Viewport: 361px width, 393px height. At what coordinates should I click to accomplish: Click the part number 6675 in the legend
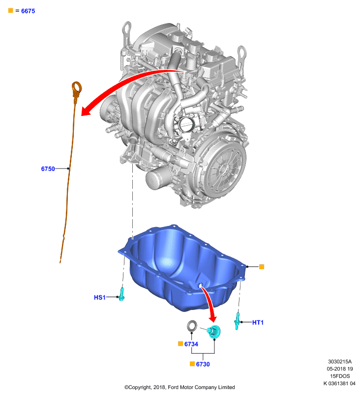pyautogui.click(x=28, y=11)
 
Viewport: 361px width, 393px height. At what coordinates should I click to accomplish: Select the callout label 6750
pyautogui.click(x=48, y=168)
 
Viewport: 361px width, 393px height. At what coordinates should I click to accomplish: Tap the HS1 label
pyautogui.click(x=100, y=297)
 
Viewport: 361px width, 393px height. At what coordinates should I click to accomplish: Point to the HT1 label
pyautogui.click(x=258, y=322)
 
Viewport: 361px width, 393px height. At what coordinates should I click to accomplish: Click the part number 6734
pyautogui.click(x=191, y=344)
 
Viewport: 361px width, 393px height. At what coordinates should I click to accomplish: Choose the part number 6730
pyautogui.click(x=203, y=364)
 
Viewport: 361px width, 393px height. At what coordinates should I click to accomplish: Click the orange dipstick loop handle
pyautogui.click(x=77, y=89)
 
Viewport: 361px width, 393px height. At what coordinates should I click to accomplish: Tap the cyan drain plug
pyautogui.click(x=214, y=331)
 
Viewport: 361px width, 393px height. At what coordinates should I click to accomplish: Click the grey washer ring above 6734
pyautogui.click(x=192, y=326)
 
